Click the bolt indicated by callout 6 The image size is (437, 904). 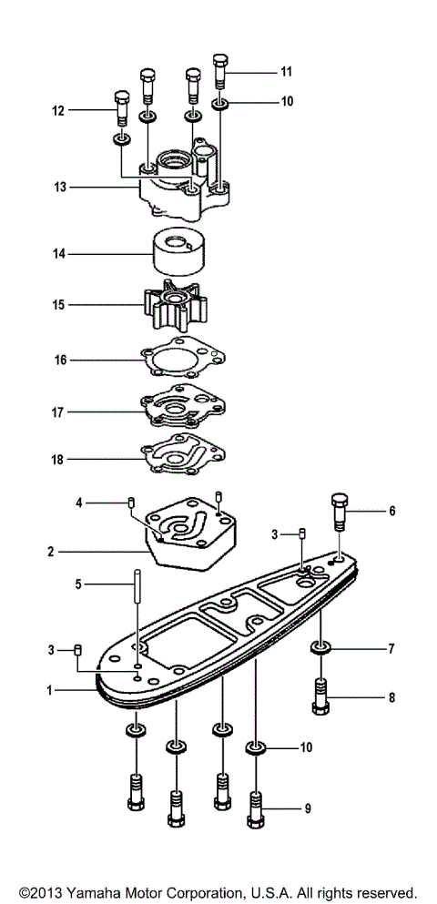(x=338, y=515)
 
